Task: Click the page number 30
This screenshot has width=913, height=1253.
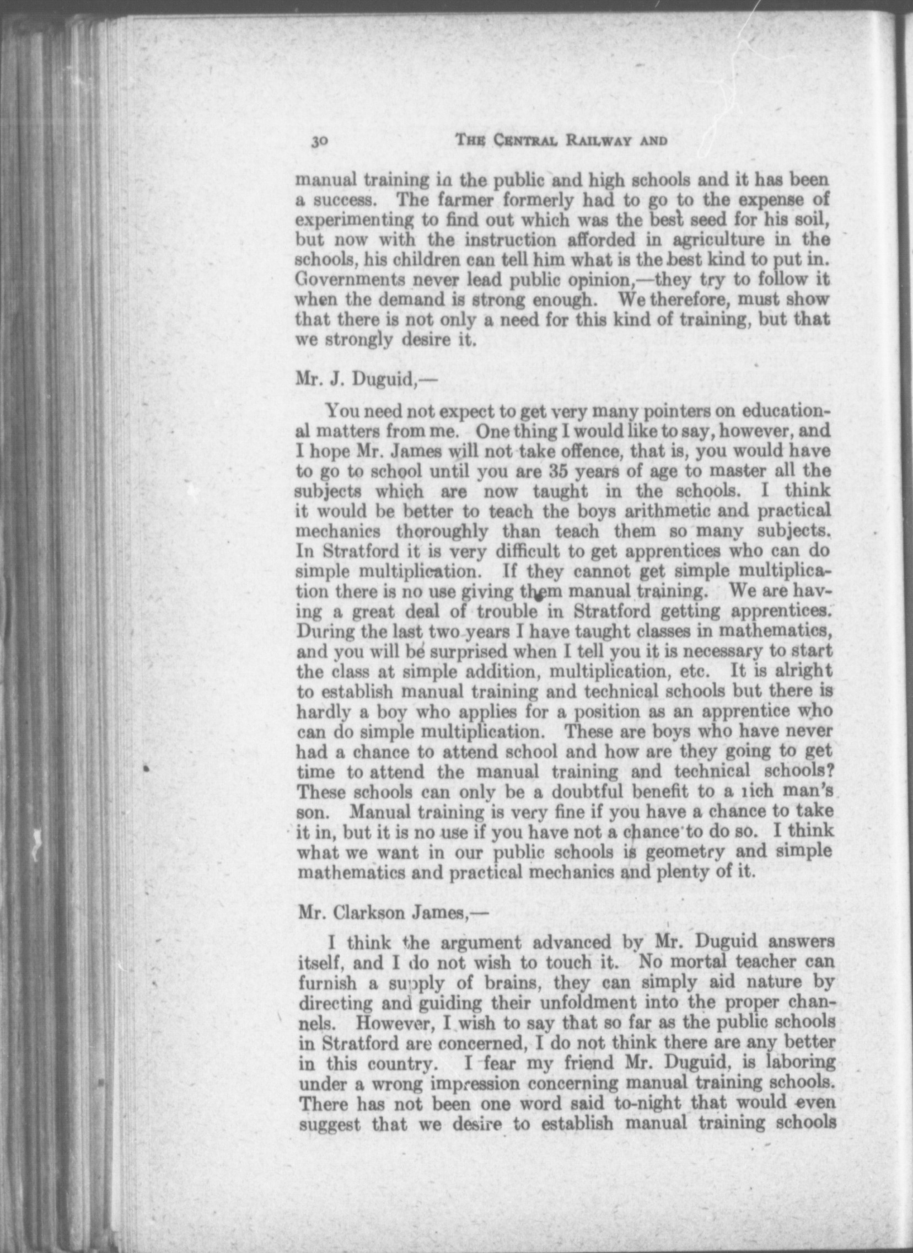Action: click(319, 141)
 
